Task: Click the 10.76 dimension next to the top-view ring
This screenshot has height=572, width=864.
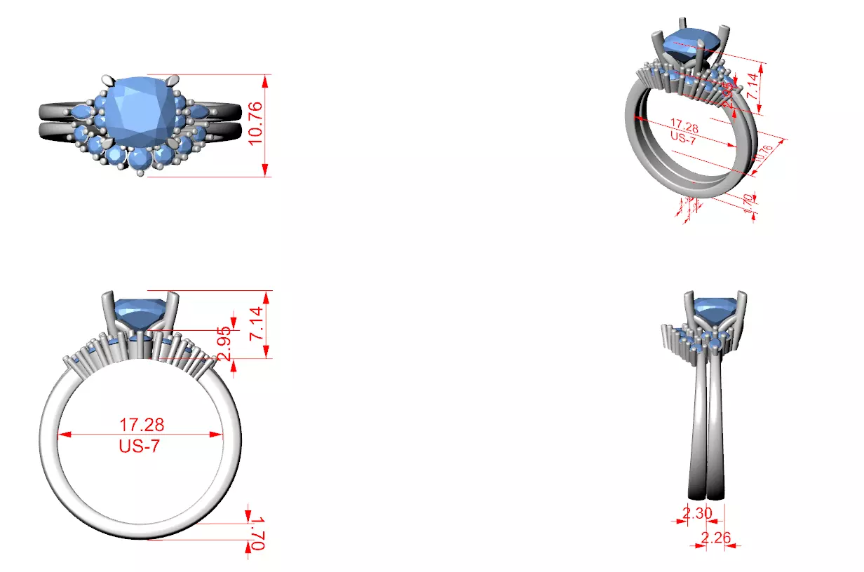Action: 256,123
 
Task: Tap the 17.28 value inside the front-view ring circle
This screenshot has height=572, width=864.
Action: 141,425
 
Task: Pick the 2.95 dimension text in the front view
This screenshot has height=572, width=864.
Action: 225,343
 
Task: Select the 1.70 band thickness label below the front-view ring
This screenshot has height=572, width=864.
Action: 256,533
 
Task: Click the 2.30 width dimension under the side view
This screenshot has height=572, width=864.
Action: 697,513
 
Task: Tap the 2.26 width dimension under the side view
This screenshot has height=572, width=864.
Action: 716,538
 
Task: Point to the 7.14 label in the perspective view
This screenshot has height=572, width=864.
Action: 751,85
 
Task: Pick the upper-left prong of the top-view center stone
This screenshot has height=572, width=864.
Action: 107,79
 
